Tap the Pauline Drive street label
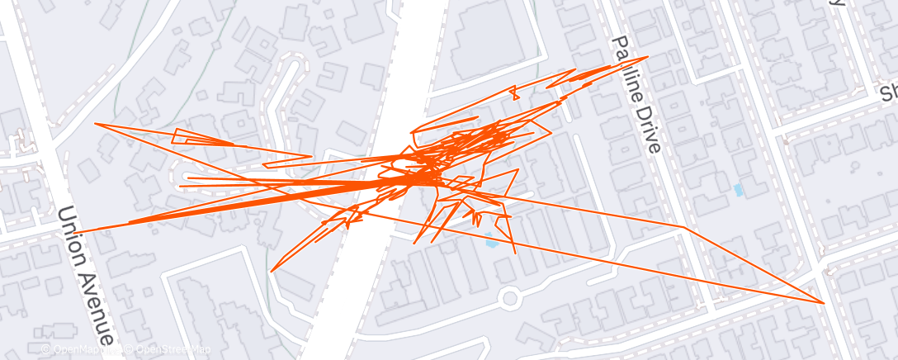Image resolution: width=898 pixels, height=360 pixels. tap(636, 94)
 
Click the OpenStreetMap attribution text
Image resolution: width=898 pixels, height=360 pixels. tap(168, 349)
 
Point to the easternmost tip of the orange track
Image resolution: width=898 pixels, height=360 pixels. tap(824, 303)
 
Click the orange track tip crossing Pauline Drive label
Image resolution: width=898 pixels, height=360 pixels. tap(647, 57)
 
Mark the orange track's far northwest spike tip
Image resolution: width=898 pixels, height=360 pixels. tap(97, 124)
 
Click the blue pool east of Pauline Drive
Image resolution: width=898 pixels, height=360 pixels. tap(738, 190)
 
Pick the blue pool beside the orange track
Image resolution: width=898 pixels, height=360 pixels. tap(493, 242)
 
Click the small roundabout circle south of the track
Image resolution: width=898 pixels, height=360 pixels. tap(509, 296)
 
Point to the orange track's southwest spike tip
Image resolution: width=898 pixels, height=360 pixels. tap(272, 271)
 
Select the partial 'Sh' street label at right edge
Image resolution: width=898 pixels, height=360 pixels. tap(888, 92)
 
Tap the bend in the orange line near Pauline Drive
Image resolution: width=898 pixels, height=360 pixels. tap(683, 226)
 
